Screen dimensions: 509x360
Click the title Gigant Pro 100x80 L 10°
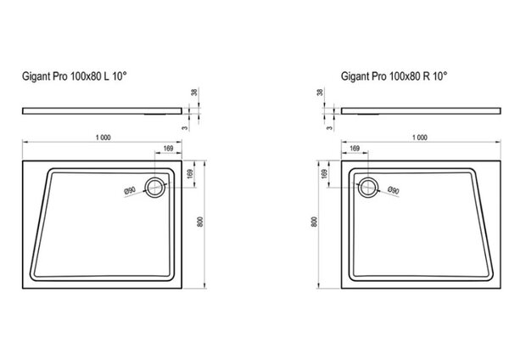pyautogui.click(x=75, y=76)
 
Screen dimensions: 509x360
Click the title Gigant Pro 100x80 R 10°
pyautogui.click(x=394, y=76)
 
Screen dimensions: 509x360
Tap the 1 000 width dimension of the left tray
pyautogui.click(x=103, y=138)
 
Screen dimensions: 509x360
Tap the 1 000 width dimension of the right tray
pyautogui.click(x=420, y=138)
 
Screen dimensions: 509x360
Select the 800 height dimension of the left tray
pyautogui.click(x=200, y=222)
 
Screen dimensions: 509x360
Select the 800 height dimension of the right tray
pyautogui.click(x=314, y=222)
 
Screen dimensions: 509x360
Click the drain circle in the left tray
pyautogui.click(x=155, y=188)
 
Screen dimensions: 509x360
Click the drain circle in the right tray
pyautogui.click(x=368, y=188)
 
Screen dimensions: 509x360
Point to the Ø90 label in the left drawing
pyautogui.click(x=130, y=190)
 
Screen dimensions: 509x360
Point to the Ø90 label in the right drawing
pyautogui.click(x=394, y=190)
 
